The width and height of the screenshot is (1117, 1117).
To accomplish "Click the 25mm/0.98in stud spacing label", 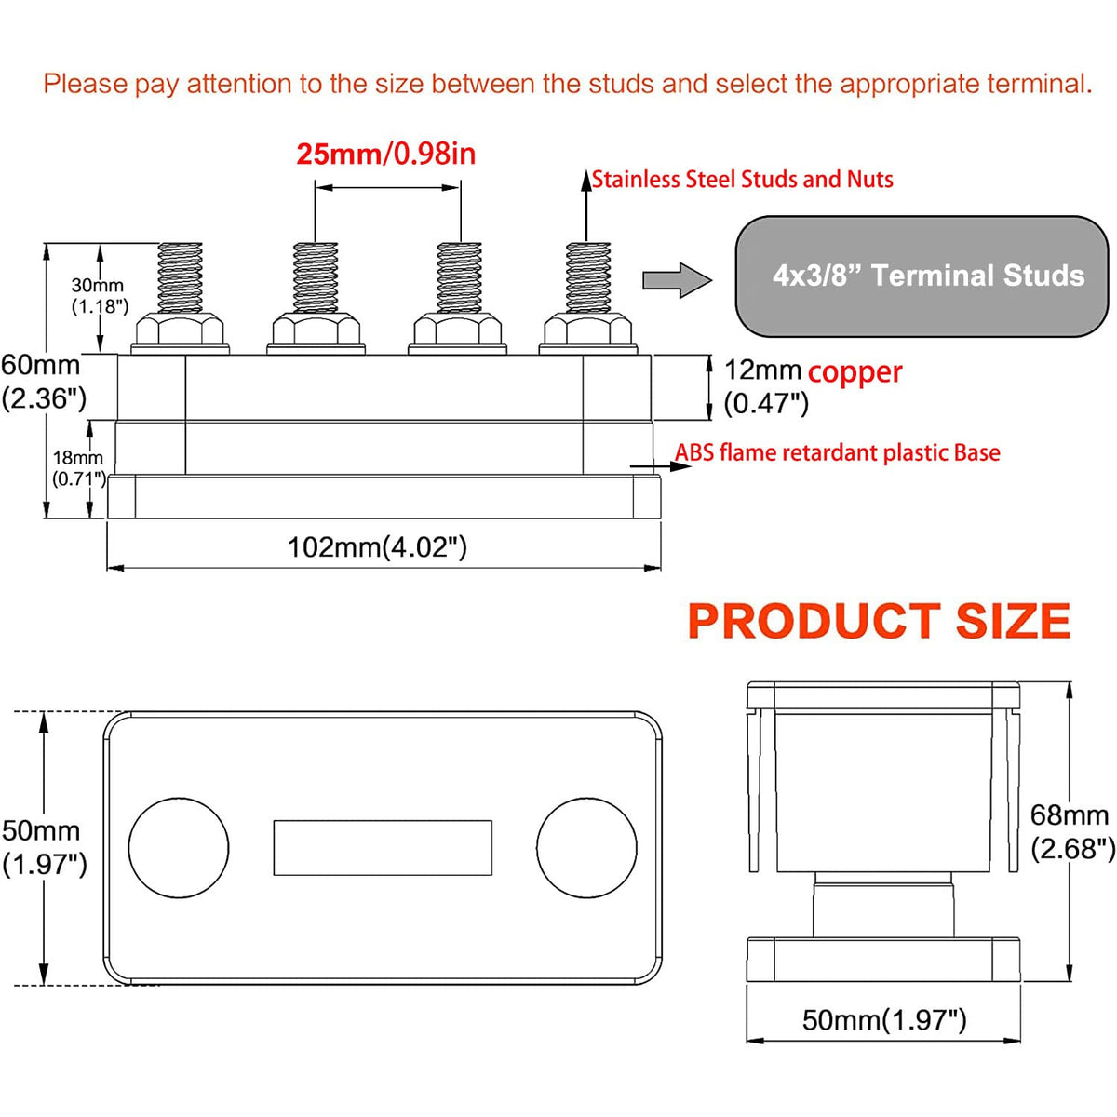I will pos(385,154).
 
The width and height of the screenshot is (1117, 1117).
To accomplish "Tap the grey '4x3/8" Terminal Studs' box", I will pos(922,276).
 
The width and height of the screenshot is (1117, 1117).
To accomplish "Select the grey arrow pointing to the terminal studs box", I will pos(677,279).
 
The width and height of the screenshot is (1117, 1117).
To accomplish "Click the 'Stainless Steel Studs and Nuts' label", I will pos(742,179).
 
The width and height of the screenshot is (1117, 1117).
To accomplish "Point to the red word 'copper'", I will pos(855,371).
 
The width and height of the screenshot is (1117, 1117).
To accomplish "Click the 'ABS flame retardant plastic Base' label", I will pos(837,453).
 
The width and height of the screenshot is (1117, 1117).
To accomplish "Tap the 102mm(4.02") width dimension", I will pos(377,546).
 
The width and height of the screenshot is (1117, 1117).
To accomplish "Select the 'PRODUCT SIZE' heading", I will pos(879,622).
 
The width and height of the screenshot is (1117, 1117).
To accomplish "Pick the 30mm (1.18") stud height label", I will pos(100,296).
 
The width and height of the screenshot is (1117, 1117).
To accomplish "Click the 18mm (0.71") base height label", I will pos(78,467).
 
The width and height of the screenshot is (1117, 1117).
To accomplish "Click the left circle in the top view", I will pos(178,848).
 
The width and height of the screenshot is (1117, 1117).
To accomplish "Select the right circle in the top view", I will pos(587,848).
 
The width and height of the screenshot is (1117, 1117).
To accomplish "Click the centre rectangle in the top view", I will pos(383,848).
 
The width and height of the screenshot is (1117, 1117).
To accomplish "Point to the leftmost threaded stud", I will pos(181,277).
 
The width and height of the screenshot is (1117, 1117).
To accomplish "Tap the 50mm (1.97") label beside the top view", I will pos(43,847).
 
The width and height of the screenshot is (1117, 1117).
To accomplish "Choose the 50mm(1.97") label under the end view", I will pos(884,1020).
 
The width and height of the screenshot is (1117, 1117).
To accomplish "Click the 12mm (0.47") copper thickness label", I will pos(765,386).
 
